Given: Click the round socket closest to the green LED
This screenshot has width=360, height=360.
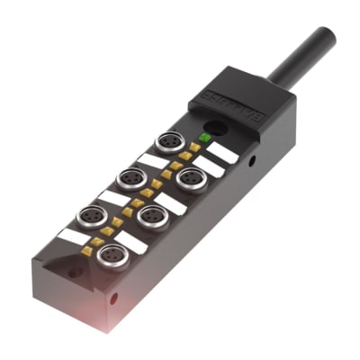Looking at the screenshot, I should [168, 141].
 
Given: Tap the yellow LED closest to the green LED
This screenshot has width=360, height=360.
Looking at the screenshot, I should [195, 146].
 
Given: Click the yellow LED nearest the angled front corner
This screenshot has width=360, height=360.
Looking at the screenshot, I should [87, 253].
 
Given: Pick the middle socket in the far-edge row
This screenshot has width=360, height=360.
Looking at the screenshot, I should [130, 177].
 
